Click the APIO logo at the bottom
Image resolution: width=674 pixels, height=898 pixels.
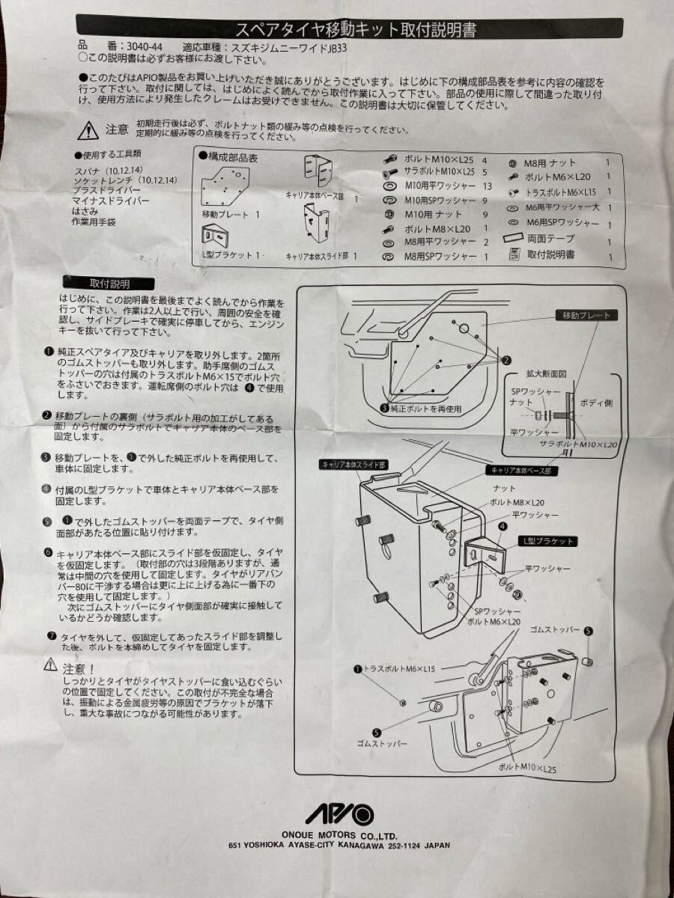point(339,814)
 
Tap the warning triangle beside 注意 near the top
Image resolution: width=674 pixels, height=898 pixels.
point(88,131)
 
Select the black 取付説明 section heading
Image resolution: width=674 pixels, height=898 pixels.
point(109,284)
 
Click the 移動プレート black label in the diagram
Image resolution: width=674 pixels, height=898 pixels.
point(586,316)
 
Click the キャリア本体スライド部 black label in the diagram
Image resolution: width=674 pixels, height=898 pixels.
point(354,465)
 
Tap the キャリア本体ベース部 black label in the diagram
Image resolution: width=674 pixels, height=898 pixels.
point(522,471)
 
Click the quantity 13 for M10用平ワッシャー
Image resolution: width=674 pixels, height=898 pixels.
point(487,186)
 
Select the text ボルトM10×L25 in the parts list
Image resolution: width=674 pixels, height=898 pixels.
point(438,159)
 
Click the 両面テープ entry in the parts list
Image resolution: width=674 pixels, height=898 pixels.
point(551,238)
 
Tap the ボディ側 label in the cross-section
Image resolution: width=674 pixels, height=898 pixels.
point(596,403)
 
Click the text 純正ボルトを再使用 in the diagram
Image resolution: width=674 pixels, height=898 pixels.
point(425,409)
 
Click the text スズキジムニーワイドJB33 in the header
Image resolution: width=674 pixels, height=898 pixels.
point(289,48)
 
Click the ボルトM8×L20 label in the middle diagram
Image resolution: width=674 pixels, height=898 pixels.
point(517,503)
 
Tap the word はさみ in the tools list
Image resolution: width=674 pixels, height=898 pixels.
point(85,212)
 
